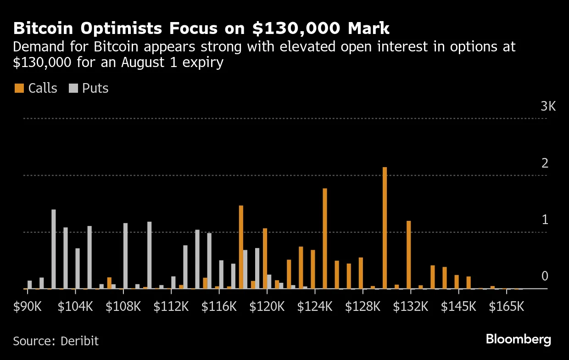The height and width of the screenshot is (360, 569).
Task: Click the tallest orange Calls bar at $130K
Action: click(x=385, y=228)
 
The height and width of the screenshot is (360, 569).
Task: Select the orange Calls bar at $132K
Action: click(x=408, y=255)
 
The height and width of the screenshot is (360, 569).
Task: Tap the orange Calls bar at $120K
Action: click(x=265, y=259)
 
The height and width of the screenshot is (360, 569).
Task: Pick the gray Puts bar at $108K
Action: click(x=125, y=256)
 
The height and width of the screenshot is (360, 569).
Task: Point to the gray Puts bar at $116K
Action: click(x=221, y=275)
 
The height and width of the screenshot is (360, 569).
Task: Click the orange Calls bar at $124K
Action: click(x=325, y=238)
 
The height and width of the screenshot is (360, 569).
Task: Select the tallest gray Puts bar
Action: click(x=54, y=249)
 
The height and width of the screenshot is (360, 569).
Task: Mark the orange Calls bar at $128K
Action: click(x=361, y=273)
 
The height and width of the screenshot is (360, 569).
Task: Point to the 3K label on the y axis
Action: click(x=548, y=107)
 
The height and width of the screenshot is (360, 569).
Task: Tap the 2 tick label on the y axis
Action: click(x=545, y=163)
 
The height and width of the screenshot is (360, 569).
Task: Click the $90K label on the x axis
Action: click(x=28, y=306)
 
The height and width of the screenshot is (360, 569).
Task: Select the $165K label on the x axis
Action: click(x=507, y=306)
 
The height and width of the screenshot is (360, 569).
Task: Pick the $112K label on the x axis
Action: click(x=171, y=306)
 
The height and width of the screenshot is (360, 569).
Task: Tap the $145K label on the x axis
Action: click(x=458, y=306)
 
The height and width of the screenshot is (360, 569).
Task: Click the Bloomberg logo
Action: click(x=519, y=340)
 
